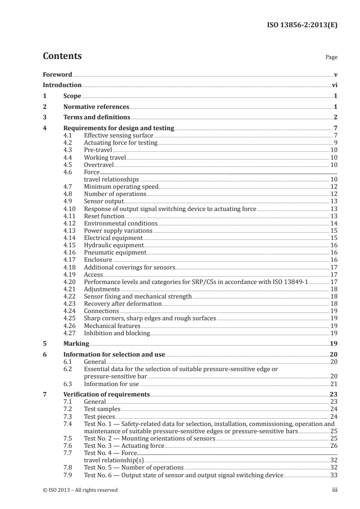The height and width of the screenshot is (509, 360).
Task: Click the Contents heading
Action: point(62,56)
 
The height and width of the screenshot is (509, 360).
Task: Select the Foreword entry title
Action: point(57,74)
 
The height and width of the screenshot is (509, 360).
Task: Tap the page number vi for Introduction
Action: point(334,85)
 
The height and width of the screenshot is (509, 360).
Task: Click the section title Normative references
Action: point(96,107)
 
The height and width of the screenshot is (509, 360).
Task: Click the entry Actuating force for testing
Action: point(121,142)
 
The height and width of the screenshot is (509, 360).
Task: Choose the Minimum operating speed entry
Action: point(121,186)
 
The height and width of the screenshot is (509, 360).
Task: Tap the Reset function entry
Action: point(104,216)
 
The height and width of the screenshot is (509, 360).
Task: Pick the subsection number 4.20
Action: point(70,282)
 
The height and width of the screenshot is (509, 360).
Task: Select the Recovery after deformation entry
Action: point(123,303)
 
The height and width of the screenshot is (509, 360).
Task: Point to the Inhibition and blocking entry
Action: point(117,333)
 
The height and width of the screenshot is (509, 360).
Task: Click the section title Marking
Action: point(76,343)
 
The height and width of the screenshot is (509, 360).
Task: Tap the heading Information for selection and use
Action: point(114,354)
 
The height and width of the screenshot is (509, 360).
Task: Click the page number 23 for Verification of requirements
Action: point(334,394)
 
